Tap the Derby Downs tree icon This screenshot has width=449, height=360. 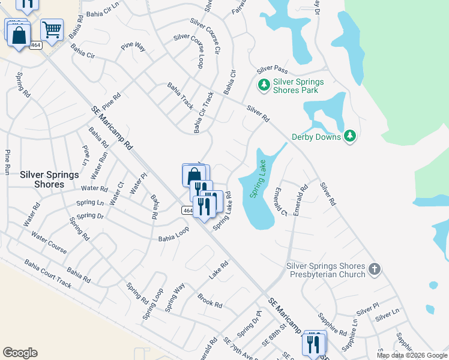pos(351,136)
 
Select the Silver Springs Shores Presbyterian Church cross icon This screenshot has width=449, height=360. pos(375,269)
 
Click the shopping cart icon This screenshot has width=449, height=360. pos(52,28)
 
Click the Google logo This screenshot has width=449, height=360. pos(20,353)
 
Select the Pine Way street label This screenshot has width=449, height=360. pos(133,46)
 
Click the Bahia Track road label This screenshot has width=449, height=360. pos(180,95)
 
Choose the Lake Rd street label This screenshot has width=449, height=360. pos(219,269)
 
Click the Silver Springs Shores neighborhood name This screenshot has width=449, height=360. pos(49,179)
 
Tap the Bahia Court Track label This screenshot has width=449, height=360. pos(47,273)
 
